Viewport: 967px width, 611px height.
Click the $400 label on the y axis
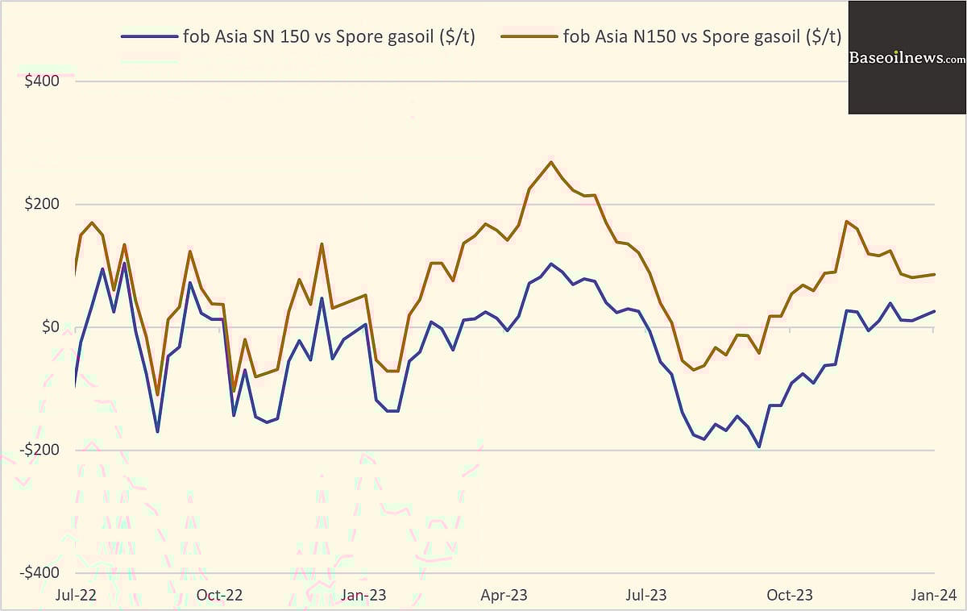[x=44, y=81]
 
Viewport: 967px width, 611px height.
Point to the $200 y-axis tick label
[x=44, y=204]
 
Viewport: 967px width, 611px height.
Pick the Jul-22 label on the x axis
[x=75, y=595]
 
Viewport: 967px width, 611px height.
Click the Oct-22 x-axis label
[x=219, y=595]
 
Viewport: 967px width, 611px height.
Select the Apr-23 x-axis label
[x=504, y=595]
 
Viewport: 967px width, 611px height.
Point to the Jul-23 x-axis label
[x=647, y=595]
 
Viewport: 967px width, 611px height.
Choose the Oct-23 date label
[x=790, y=595]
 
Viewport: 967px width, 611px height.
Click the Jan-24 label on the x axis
[x=934, y=595]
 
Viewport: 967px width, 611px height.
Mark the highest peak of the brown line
[x=551, y=162]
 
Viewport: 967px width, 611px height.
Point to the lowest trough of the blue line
[x=758, y=447]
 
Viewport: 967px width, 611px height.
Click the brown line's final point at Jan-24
[x=934, y=275]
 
